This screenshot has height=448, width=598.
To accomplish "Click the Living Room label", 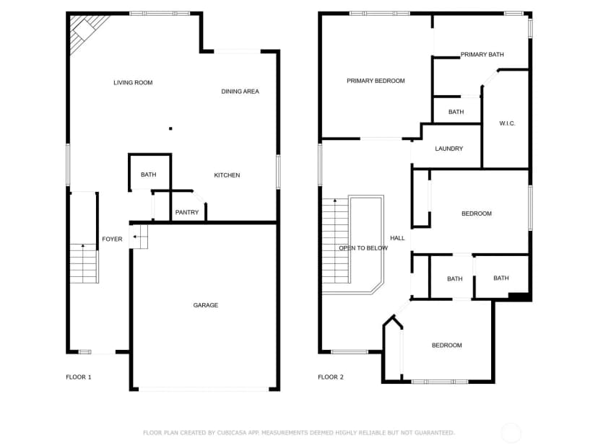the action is click(133, 83).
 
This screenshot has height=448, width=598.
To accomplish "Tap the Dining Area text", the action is click(240, 92).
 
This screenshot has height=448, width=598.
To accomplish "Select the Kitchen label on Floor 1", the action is click(227, 175).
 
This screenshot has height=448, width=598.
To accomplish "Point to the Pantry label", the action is click(187, 212).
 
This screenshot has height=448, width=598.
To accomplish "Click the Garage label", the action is click(206, 305).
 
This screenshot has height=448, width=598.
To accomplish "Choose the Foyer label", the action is click(112, 240).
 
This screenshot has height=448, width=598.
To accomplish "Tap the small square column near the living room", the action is click(170, 128).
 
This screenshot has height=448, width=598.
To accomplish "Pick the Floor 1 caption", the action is click(79, 377).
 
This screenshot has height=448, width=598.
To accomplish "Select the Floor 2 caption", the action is click(331, 377).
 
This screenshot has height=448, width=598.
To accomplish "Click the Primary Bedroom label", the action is click(376, 81).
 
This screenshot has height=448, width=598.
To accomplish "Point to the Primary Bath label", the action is click(482, 55).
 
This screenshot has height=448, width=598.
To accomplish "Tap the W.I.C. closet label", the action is click(507, 123).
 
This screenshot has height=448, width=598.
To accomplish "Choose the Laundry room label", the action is click(449, 149).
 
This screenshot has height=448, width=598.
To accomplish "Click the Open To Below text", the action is click(363, 248).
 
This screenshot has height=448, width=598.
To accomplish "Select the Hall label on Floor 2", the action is click(397, 238).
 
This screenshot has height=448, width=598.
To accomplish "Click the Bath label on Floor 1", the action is click(148, 175).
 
